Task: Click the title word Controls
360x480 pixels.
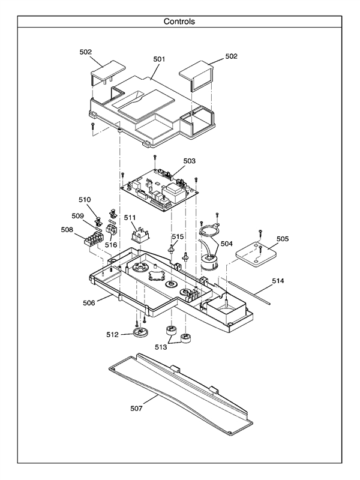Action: point(179,22)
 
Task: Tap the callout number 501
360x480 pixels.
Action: point(159,59)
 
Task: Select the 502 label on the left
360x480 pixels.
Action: point(86,52)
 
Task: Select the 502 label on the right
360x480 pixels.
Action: point(232,56)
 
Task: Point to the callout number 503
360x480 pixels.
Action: point(189,161)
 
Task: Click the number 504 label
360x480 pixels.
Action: point(226,244)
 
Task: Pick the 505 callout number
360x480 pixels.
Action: point(282,238)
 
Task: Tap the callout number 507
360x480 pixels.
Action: point(137,408)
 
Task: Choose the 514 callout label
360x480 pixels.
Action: point(278,280)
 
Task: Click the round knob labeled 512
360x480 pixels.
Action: point(140,334)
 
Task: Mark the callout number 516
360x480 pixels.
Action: point(111,245)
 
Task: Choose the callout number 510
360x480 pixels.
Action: point(84,199)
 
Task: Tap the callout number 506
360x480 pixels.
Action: point(89,303)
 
